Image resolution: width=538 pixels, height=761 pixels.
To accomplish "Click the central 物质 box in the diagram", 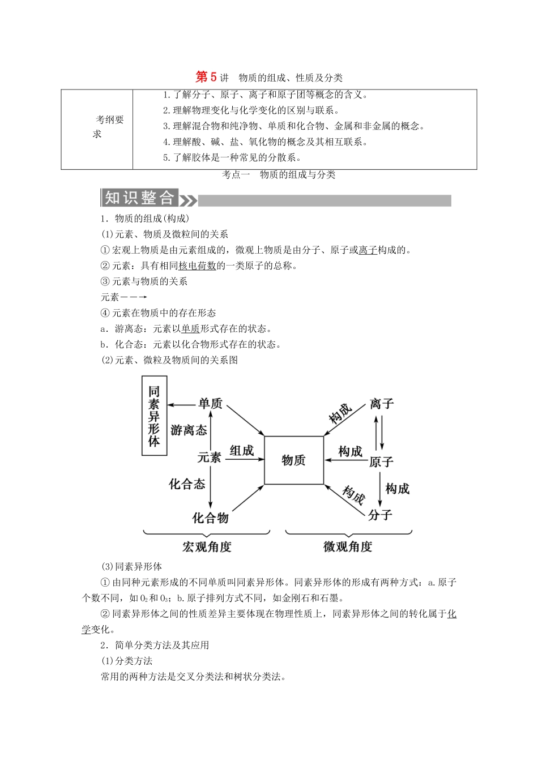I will [293, 460].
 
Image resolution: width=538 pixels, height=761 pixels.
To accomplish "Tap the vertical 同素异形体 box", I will [154, 416].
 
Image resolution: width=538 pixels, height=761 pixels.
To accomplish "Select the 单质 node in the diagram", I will [210, 404].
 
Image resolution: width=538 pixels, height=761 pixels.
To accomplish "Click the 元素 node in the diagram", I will [209, 458].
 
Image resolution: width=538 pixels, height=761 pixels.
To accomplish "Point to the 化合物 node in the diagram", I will [210, 518].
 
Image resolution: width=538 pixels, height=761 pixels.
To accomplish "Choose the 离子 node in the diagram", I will [381, 404].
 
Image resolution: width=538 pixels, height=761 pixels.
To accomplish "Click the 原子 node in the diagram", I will [381, 461].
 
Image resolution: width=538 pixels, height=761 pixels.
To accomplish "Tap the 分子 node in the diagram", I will [379, 515].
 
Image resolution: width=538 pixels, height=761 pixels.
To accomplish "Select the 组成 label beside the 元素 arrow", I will [241, 451].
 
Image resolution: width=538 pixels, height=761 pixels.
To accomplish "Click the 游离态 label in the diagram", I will [189, 430].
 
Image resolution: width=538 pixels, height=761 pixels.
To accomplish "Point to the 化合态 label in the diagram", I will [187, 484].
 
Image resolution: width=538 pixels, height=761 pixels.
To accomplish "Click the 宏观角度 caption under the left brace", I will [207, 546].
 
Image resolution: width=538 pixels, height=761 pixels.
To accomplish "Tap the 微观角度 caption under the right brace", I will [348, 546].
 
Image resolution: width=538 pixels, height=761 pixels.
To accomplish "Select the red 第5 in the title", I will [206, 77].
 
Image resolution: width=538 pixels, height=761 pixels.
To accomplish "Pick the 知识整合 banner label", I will [139, 198].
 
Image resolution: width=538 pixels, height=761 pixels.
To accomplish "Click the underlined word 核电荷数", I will [197, 266].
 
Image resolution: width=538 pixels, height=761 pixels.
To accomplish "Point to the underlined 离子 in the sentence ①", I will [368, 250].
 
